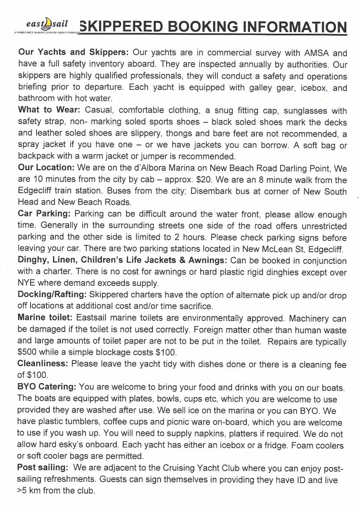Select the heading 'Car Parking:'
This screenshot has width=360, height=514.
(x=44, y=214)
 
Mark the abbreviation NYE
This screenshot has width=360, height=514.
(x=26, y=283)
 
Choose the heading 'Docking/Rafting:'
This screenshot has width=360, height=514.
(x=52, y=294)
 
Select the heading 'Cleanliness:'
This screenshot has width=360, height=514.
(x=43, y=364)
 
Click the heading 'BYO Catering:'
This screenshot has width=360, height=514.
(x=47, y=387)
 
